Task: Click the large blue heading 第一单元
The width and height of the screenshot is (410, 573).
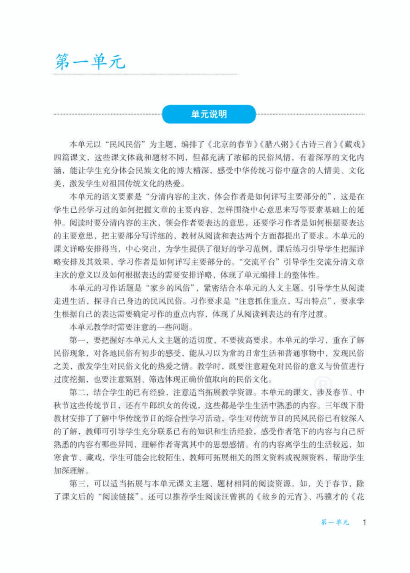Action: tap(90, 62)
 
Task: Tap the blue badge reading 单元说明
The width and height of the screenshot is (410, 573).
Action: tap(209, 114)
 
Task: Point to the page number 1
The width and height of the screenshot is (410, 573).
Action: tap(364, 522)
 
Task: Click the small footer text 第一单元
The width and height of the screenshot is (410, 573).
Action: tap(335, 522)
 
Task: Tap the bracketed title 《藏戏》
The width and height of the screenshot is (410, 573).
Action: tap(352, 144)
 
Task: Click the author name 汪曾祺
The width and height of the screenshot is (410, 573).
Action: tap(241, 496)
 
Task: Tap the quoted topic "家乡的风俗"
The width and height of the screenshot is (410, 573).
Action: tap(170, 288)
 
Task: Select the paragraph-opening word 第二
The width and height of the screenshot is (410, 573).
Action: tap(77, 392)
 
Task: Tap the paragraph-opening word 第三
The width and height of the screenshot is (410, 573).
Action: tap(77, 483)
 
